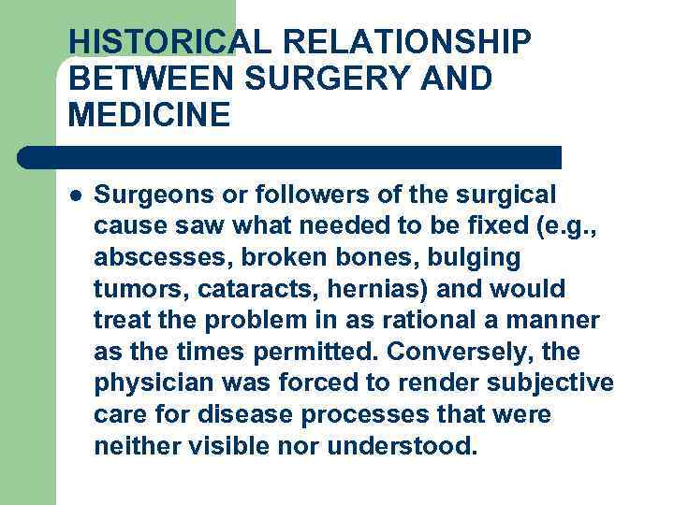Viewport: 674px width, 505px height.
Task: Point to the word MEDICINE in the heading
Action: coord(149,115)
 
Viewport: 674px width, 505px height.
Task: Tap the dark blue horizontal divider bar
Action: coord(290,157)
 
